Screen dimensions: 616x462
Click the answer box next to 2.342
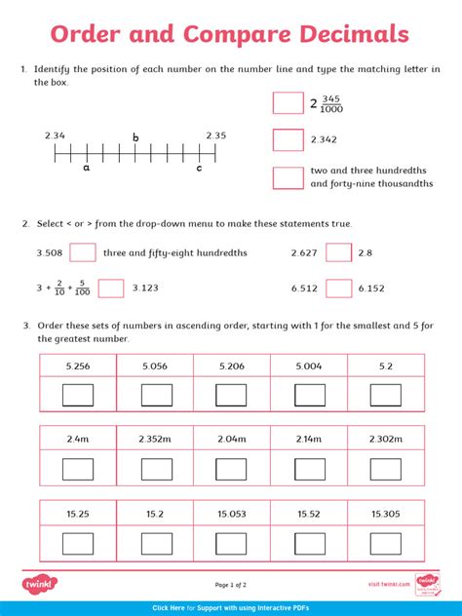click(x=288, y=140)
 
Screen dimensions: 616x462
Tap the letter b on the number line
click(x=135, y=138)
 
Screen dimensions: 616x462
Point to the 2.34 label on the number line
click(x=55, y=135)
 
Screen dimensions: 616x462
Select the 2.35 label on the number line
click(x=215, y=135)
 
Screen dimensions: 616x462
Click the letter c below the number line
click(x=199, y=168)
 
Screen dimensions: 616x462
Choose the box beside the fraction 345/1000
click(x=288, y=103)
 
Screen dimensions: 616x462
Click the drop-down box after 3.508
click(x=83, y=253)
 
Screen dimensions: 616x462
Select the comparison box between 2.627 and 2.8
click(x=338, y=253)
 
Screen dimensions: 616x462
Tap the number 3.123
click(x=145, y=289)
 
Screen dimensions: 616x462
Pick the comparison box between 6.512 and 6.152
click(x=338, y=289)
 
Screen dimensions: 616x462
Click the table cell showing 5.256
click(x=78, y=366)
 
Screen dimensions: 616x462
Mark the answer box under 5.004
click(x=309, y=395)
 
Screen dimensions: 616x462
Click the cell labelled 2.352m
click(x=155, y=439)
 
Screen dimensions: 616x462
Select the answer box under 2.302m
click(x=385, y=469)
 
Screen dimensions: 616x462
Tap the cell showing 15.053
click(x=232, y=514)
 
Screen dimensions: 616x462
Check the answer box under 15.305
click(x=385, y=543)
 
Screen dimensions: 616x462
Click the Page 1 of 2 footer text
click(x=231, y=585)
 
